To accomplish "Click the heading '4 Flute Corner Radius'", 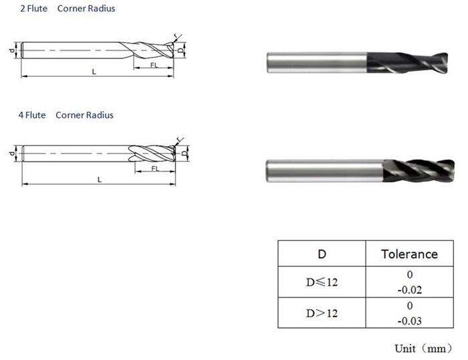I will [x=66, y=115].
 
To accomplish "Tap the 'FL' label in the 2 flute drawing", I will [x=153, y=66].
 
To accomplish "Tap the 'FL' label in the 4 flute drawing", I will [x=154, y=169].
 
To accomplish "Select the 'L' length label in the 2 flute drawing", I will [x=94, y=71].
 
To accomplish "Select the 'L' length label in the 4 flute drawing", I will [x=98, y=179].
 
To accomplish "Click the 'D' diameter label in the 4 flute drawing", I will [x=185, y=154].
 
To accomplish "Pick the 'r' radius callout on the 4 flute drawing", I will [x=179, y=139].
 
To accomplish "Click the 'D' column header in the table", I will [x=322, y=254].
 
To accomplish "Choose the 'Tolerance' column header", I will [x=409, y=254].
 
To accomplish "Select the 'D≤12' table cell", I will [x=322, y=282].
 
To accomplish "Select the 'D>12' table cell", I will [x=322, y=313].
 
